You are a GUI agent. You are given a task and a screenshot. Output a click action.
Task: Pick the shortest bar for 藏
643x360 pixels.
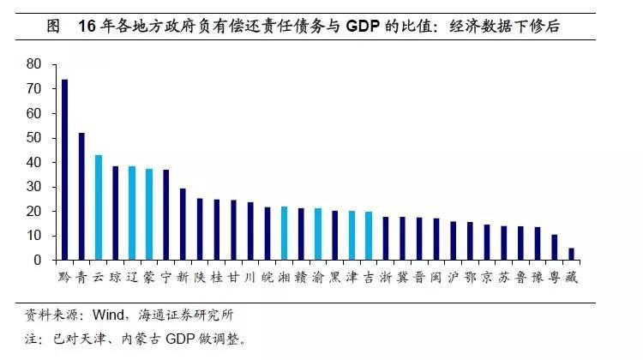pos(571,254)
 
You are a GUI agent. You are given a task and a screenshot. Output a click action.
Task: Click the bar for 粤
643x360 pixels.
pos(554,247)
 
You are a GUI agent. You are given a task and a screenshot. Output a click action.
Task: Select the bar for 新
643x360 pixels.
pos(183,224)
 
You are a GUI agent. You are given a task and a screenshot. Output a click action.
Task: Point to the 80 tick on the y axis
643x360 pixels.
pos(34,64)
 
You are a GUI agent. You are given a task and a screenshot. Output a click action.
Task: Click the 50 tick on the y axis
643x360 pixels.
pos(34,138)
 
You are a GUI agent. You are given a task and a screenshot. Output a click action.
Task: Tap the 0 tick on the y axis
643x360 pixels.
pos(39,260)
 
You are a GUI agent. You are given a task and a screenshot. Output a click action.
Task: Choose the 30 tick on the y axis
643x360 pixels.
pos(34,187)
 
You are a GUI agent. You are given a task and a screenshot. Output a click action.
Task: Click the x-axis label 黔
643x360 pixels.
pos(64,278)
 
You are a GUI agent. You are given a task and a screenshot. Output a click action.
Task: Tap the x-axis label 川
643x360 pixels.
pos(249,278)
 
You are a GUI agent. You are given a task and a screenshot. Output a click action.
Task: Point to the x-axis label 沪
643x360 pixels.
pos(453,278)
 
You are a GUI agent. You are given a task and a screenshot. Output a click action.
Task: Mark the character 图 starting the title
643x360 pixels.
pos(53,27)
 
